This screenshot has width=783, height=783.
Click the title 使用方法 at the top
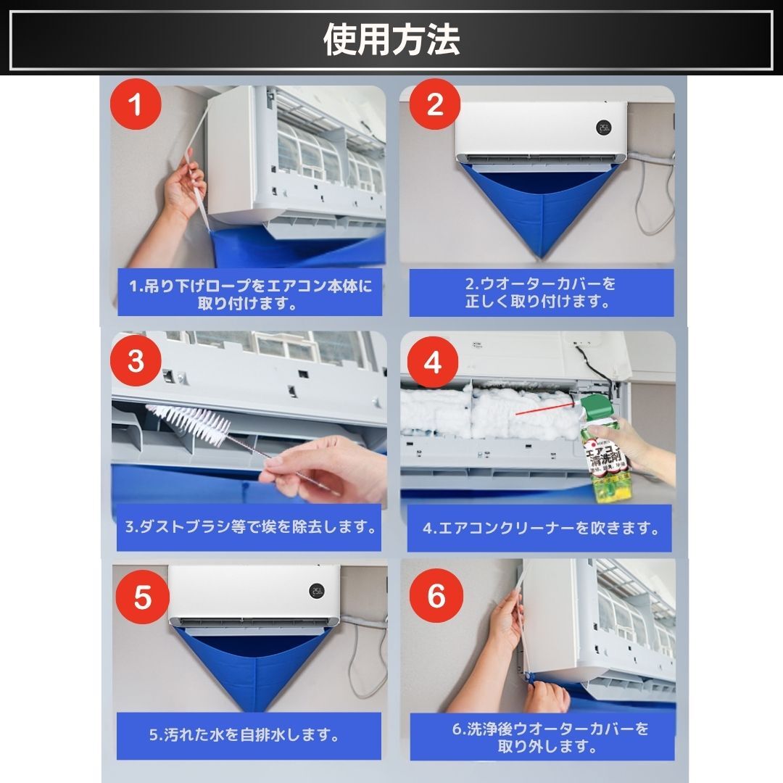(391, 39)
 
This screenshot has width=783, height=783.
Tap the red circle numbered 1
(136, 104)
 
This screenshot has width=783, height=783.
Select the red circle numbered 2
(435, 104)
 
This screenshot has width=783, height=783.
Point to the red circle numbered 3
(136, 360)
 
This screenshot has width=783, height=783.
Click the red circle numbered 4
(432, 362)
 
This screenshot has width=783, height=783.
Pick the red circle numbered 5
(142, 597)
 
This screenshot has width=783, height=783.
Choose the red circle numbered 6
(436, 595)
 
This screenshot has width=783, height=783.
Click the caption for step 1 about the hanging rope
(249, 294)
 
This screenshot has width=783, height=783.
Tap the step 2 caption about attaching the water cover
(541, 292)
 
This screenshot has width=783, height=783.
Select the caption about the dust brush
(250, 527)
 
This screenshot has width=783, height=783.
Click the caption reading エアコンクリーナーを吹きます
(541, 528)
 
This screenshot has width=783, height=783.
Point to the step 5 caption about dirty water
(245, 735)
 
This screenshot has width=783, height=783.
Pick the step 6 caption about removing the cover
(550, 737)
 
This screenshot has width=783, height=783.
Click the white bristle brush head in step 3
(188, 423)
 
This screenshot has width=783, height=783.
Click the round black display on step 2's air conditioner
(603, 127)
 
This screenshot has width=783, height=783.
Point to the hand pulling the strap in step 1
(185, 187)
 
